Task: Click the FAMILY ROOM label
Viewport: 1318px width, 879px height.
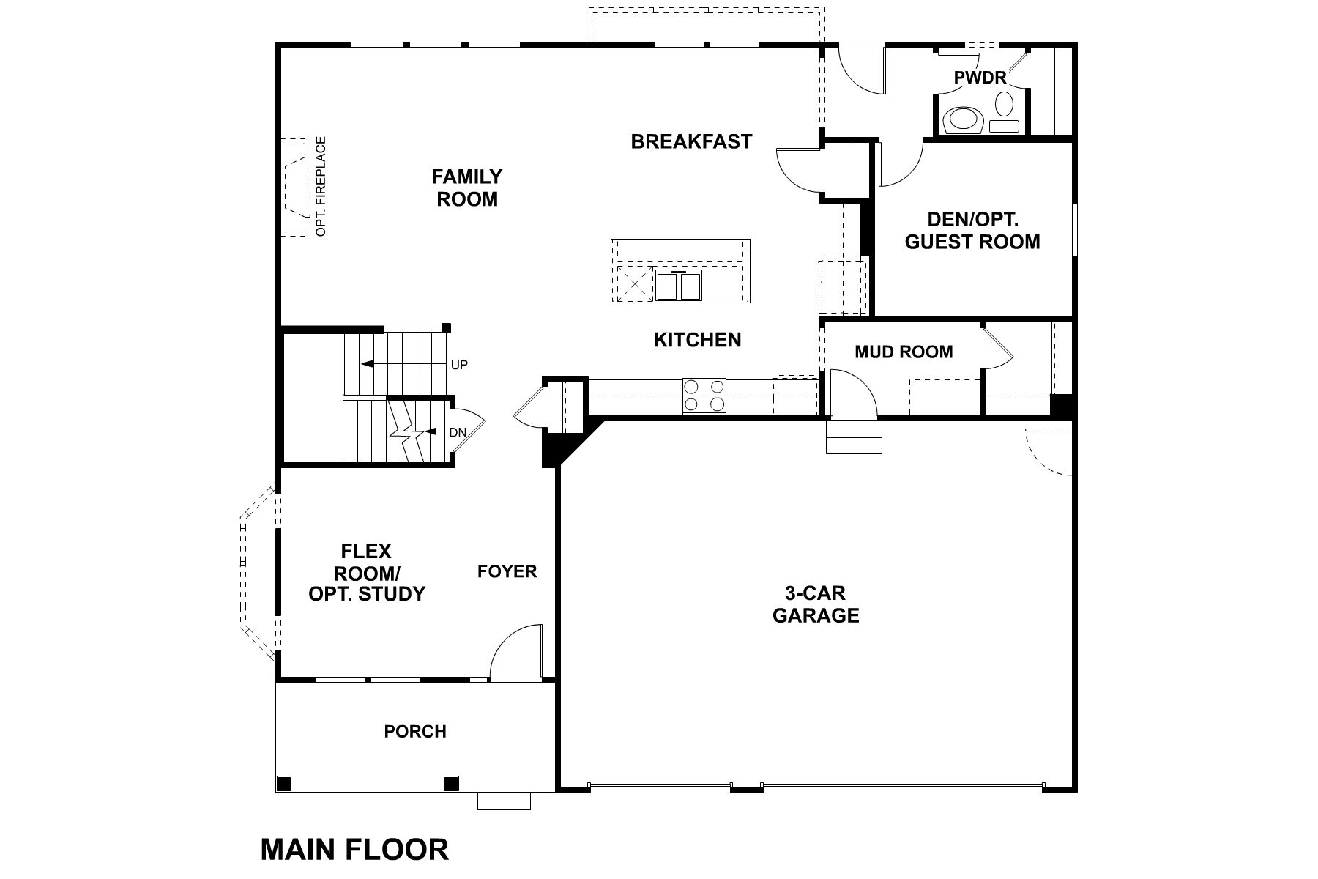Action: point(466,188)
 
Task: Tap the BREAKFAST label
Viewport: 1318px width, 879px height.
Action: point(691,141)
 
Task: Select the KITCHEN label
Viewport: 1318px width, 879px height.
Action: point(697,340)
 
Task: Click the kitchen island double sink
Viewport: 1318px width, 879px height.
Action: point(679,284)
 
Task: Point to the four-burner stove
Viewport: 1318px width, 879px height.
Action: point(704,396)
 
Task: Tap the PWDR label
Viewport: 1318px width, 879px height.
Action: point(980,77)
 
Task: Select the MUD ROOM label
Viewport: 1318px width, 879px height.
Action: point(904,352)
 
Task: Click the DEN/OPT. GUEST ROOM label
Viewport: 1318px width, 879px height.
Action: point(972,231)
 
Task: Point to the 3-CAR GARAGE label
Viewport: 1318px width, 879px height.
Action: point(816,604)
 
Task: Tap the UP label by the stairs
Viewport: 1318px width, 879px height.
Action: point(459,365)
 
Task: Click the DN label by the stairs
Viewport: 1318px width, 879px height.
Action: point(457,432)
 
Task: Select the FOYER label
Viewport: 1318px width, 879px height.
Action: point(507,571)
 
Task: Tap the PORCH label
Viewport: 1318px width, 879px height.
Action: point(415,731)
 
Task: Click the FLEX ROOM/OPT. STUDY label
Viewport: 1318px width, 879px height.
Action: point(366,572)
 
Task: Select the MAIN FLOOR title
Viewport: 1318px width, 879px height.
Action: point(354,850)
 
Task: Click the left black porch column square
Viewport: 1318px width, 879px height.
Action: point(284,784)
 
